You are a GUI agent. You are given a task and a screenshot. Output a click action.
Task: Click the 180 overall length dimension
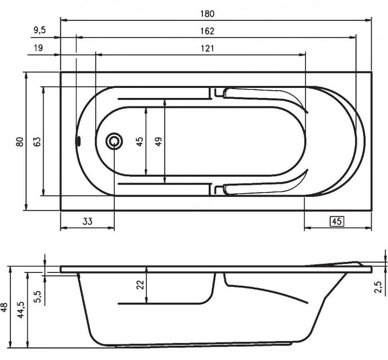(207, 14)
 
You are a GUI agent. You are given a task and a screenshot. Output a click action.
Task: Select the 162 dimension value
(207, 31)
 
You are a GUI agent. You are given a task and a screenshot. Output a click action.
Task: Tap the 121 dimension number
(207, 48)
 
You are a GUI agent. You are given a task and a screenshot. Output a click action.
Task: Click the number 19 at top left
(38, 48)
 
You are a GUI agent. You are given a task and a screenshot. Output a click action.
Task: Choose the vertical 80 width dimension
(20, 142)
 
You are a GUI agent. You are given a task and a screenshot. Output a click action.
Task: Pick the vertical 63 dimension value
(37, 142)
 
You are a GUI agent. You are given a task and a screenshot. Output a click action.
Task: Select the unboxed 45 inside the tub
(140, 141)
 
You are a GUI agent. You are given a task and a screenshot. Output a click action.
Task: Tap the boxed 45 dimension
(337, 221)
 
